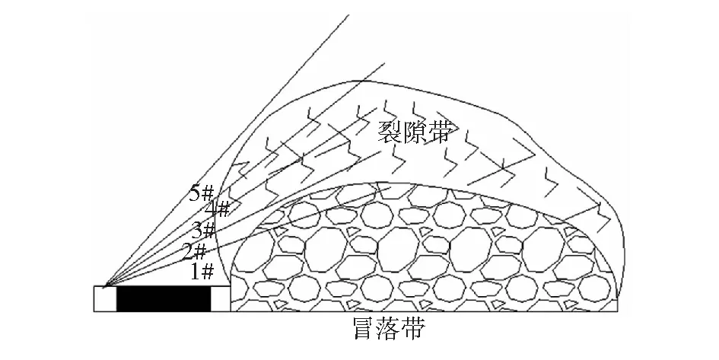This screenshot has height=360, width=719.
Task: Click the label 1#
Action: [x=202, y=272]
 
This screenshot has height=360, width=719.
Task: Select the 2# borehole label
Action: [x=194, y=251]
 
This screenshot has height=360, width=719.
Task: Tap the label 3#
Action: [x=203, y=229]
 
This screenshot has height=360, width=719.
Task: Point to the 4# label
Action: [x=217, y=209]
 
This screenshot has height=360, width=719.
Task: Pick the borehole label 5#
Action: [x=202, y=193]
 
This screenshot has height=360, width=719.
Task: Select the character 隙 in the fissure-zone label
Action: [x=415, y=132]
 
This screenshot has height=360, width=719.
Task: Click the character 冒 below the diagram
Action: [x=365, y=328]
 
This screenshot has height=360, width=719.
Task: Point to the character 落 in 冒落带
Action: [x=389, y=328]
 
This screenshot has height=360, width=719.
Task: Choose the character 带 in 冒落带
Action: [x=413, y=328]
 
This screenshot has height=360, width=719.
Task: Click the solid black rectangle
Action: [x=164, y=299]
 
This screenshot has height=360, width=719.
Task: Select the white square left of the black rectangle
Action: [x=105, y=299]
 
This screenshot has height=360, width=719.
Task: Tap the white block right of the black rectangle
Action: [x=221, y=299]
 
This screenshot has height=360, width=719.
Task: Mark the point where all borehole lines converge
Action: [x=105, y=287]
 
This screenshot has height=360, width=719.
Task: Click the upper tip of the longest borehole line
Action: [x=349, y=15]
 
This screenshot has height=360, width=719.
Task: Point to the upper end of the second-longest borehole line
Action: [x=385, y=63]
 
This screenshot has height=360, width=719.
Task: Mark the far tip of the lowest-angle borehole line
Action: [x=391, y=187]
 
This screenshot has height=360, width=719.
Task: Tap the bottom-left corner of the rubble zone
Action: [x=231, y=312]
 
